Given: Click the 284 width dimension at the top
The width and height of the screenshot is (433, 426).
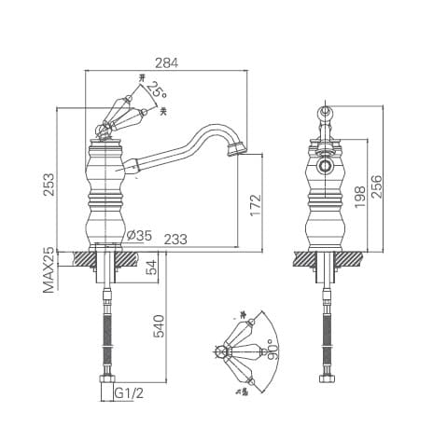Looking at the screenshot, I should point(166,62).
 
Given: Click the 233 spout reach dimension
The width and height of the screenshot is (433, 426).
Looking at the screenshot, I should point(176,240).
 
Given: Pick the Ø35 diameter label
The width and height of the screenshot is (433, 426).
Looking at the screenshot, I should point(139,235).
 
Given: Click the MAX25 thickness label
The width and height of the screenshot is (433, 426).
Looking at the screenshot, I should point(49,271).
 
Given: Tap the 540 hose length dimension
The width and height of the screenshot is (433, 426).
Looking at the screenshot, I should point(159,326).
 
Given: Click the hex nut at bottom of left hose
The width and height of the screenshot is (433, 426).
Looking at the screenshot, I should point(108,381).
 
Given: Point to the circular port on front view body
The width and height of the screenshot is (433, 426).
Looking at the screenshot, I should point(325,169).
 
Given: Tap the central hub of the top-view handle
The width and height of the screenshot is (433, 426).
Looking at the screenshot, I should point(221,352).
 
